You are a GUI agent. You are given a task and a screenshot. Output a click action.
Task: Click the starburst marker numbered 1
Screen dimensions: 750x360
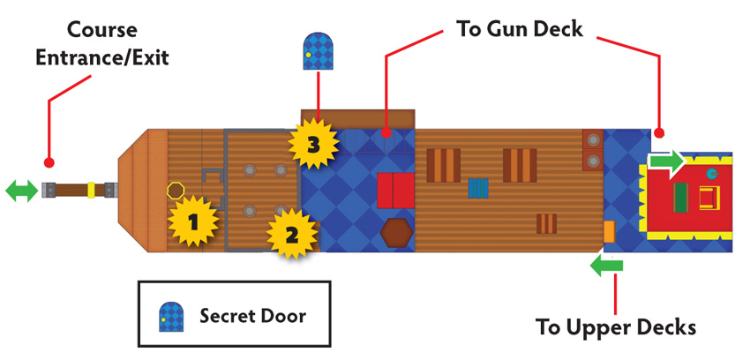(x=192, y=221)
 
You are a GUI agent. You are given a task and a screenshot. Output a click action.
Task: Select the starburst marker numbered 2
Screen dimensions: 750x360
(x=292, y=233)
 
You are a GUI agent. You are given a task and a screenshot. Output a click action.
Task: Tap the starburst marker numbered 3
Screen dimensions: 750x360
(x=313, y=144)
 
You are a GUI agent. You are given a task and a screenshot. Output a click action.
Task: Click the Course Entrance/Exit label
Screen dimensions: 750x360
(x=102, y=44)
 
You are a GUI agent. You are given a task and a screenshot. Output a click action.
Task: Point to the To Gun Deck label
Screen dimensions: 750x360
(x=520, y=29)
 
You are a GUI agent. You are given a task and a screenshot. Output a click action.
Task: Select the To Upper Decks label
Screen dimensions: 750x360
(x=616, y=327)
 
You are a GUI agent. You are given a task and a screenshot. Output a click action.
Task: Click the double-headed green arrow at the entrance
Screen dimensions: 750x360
(x=21, y=191)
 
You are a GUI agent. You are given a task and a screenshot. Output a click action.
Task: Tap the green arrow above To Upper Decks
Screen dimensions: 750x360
(x=606, y=266)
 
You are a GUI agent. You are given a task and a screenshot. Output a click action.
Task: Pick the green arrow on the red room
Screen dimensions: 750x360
(x=667, y=162)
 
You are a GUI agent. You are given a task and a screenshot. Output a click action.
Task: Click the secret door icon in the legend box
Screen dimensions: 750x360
(x=171, y=317)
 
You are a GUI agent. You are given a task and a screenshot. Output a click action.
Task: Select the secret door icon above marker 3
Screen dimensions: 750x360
(x=318, y=51)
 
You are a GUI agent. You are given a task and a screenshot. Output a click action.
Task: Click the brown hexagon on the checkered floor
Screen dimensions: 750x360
(x=396, y=233)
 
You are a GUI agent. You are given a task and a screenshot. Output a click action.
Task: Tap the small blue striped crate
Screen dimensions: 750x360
(x=478, y=188)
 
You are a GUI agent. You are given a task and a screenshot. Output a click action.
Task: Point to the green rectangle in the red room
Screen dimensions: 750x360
(x=680, y=198)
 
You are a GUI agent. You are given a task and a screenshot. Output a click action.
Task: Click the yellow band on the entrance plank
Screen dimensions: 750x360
(x=91, y=190)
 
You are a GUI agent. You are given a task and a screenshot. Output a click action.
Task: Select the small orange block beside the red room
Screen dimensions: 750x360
(x=609, y=232)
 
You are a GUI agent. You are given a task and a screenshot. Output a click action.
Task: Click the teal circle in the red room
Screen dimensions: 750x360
(x=712, y=174)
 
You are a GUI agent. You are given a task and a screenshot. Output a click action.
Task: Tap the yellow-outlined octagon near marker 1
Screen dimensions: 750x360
(x=175, y=191)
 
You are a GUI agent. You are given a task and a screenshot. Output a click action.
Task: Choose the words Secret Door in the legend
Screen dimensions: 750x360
(x=252, y=316)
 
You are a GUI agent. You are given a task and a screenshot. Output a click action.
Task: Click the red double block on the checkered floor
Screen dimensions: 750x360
(x=395, y=191)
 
